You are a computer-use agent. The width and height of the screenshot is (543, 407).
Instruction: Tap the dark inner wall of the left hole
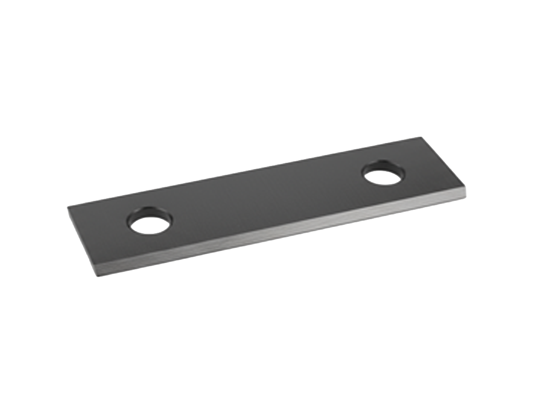pyautogui.click(x=149, y=213)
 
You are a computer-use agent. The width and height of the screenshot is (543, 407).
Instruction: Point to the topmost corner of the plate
pyautogui.click(x=420, y=138)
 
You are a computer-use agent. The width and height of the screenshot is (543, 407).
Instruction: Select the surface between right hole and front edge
pyautogui.click(x=392, y=196)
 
